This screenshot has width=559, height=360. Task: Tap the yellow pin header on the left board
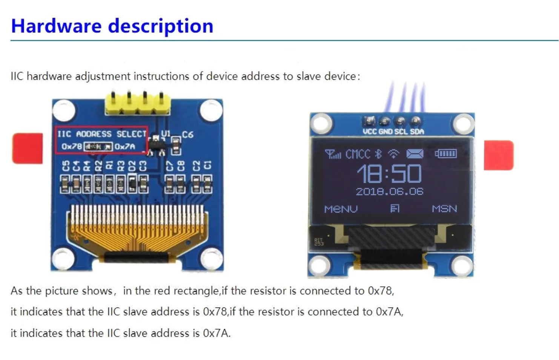pyautogui.click(x=137, y=104)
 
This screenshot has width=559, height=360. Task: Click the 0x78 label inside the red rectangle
pyautogui.click(x=72, y=146)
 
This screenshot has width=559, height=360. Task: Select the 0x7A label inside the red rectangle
pyautogui.click(x=124, y=146)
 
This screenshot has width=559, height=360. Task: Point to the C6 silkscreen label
pyautogui.click(x=187, y=135)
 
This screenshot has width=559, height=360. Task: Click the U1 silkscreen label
pyautogui.click(x=166, y=133)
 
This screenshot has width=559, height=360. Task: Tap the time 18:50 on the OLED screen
pyautogui.click(x=389, y=174)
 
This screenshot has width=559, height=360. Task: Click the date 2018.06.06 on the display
pyautogui.click(x=390, y=191)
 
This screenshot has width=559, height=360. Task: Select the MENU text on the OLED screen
pyautogui.click(x=341, y=209)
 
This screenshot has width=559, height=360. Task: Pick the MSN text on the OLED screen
pyautogui.click(x=444, y=209)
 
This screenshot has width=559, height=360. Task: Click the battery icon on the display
pyautogui.click(x=445, y=153)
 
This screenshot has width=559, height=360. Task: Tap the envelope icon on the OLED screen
pyautogui.click(x=415, y=154)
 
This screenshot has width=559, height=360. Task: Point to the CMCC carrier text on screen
pyautogui.click(x=358, y=154)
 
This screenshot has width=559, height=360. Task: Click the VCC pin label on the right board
pyautogui.click(x=370, y=132)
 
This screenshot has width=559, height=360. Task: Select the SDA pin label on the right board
pyautogui.click(x=417, y=132)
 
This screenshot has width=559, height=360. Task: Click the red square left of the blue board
pyautogui.click(x=28, y=148)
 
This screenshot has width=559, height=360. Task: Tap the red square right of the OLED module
pyautogui.click(x=498, y=155)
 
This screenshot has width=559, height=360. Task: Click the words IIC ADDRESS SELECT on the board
pyautogui.click(x=101, y=134)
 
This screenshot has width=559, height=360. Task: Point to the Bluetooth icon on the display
pyautogui.click(x=378, y=154)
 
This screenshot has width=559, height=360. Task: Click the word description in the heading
pyautogui.click(x=161, y=26)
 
